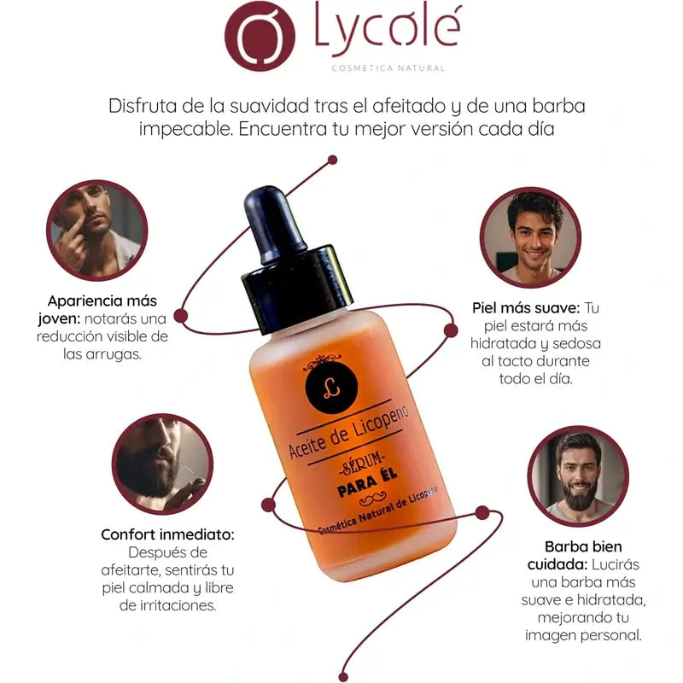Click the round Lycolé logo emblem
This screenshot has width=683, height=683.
pyautogui.click(x=260, y=36)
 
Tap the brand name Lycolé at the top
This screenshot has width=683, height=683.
pyautogui.click(x=388, y=30)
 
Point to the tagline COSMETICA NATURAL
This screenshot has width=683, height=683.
pyautogui.click(x=388, y=68)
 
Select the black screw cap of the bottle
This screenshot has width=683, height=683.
pyautogui.click(x=297, y=288)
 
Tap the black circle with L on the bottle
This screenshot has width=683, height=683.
pyautogui.click(x=331, y=385)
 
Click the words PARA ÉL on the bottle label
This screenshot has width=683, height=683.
pyautogui.click(x=368, y=482)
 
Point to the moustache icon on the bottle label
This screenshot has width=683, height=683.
pyautogui.click(x=372, y=499)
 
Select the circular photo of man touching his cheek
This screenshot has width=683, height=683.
pyautogui.click(x=97, y=231)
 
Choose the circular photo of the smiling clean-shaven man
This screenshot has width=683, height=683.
pyautogui.click(x=530, y=237)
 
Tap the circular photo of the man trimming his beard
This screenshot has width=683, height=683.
pyautogui.click(x=162, y=464)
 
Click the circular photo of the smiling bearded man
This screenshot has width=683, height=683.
pyautogui.click(x=578, y=476)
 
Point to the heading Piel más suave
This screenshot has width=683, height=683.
pyautogui.click(x=526, y=308)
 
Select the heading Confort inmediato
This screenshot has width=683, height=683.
pyautogui.click(x=167, y=534)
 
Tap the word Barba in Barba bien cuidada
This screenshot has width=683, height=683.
pyautogui.click(x=562, y=546)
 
